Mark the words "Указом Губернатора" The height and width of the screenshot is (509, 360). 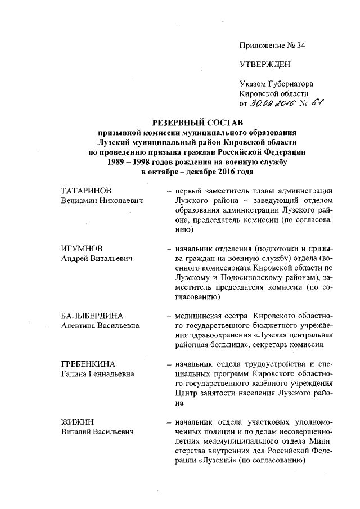tap(276, 83)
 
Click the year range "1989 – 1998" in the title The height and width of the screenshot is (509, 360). tap(130, 162)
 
